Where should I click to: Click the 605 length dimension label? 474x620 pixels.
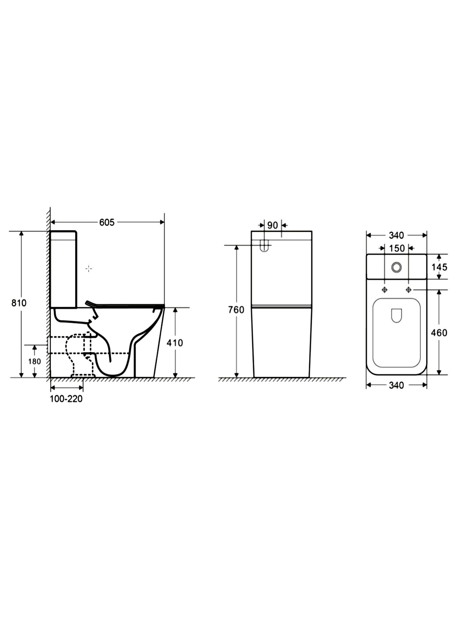click(x=107, y=222)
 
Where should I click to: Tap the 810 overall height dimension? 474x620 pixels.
click(x=19, y=303)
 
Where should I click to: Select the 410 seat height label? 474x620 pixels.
click(x=174, y=343)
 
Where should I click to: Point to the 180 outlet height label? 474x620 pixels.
click(x=34, y=361)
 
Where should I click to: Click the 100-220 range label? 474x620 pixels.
click(x=66, y=399)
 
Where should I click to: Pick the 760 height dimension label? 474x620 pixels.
click(x=236, y=310)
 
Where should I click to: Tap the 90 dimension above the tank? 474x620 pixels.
click(x=273, y=225)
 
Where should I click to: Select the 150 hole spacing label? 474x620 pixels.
click(x=397, y=248)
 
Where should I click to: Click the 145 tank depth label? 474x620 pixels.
click(x=439, y=267)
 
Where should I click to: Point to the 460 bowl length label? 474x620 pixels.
click(x=439, y=333)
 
